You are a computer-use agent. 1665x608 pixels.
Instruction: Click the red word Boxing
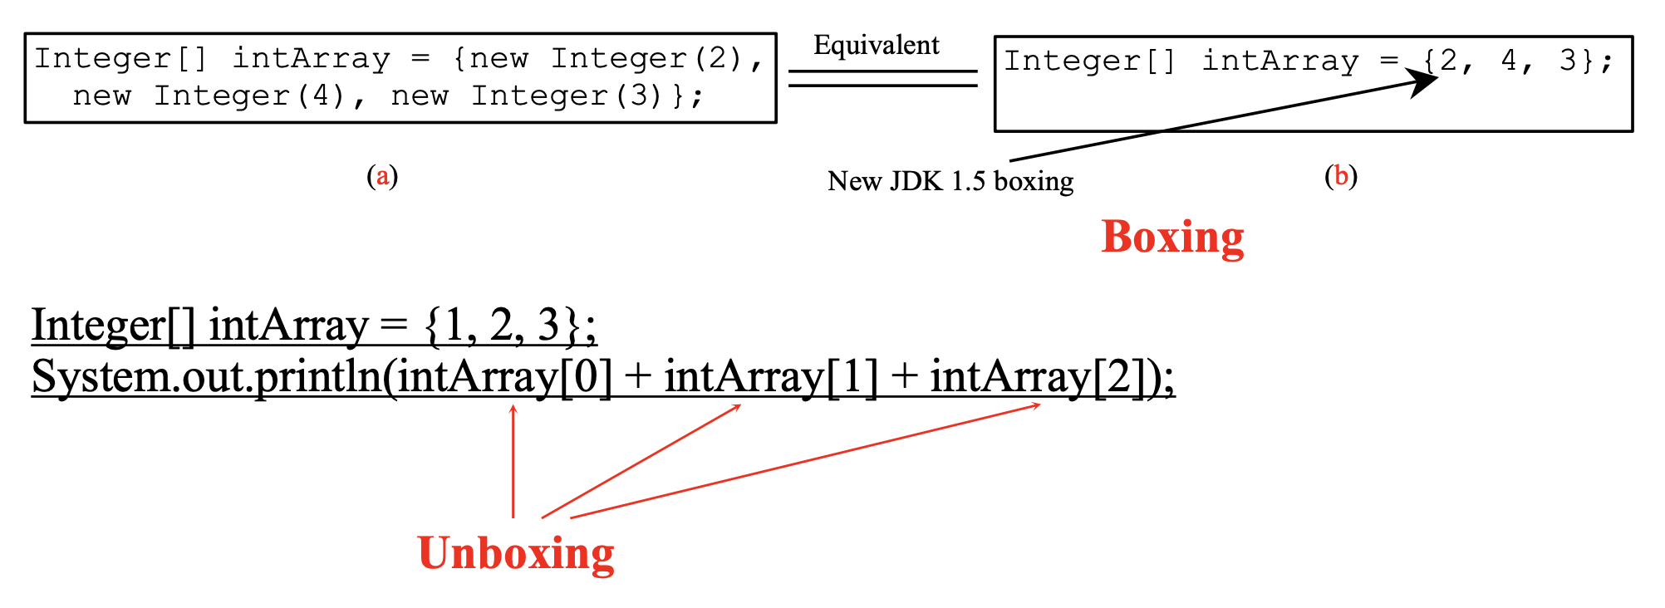point(1172,238)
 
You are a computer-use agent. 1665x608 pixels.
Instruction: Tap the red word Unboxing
point(516,553)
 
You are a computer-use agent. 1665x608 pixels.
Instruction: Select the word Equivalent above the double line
point(877,45)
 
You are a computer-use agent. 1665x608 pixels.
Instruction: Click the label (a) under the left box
point(382,176)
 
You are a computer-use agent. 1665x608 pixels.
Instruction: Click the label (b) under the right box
point(1340,176)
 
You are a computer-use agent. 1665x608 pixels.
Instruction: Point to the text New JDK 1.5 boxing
point(950,181)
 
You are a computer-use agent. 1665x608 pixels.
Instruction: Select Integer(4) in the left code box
point(248,96)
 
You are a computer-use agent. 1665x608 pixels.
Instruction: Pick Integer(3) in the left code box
point(566,96)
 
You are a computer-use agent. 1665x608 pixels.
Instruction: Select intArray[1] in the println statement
point(770,377)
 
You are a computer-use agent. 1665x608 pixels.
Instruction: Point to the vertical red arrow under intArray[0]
point(513,461)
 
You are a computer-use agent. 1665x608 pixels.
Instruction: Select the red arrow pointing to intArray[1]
point(641,461)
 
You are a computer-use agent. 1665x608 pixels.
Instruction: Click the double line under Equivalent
point(882,78)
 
